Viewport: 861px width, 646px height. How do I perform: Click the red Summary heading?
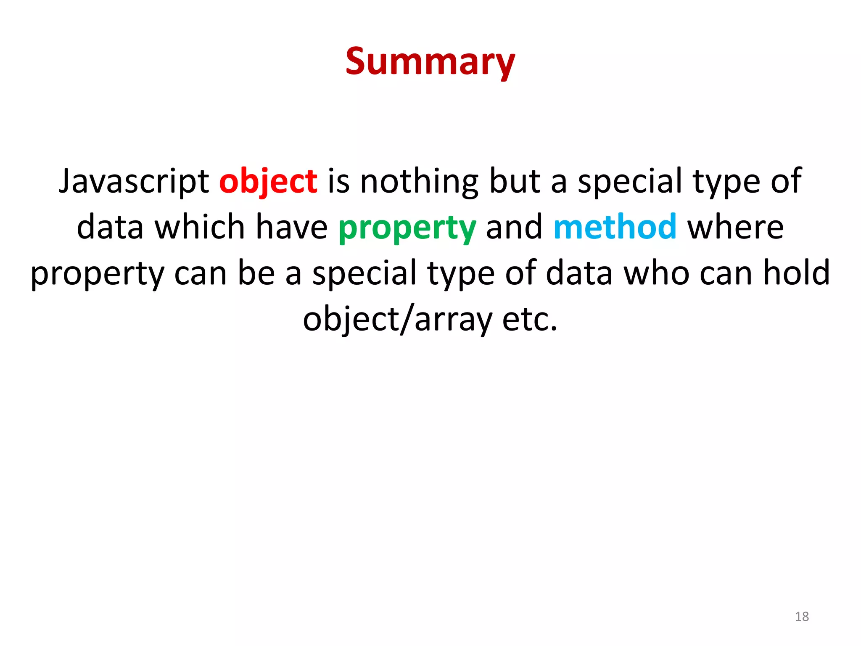[430, 62]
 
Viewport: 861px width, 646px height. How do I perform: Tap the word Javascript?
[134, 182]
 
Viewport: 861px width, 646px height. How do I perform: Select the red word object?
[268, 182]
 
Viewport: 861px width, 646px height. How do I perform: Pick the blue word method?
[615, 227]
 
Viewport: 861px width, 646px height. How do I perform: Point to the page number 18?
[802, 617]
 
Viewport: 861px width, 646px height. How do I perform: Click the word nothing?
[419, 182]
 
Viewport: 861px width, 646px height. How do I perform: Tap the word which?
[200, 227]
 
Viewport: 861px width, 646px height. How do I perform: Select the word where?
[735, 227]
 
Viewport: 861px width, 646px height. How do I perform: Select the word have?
[291, 227]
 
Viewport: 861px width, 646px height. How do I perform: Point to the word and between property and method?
[514, 227]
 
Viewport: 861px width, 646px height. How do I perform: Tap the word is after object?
[338, 182]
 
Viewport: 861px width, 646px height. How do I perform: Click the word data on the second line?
[110, 227]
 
